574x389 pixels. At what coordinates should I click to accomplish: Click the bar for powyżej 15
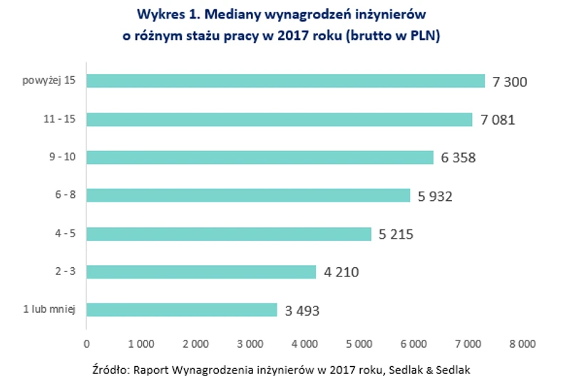click(285, 81)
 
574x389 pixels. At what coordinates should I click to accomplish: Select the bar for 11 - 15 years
click(279, 119)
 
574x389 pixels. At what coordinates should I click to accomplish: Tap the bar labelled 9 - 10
click(260, 157)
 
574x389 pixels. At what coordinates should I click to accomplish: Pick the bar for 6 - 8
click(248, 195)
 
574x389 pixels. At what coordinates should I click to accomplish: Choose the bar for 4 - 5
click(229, 234)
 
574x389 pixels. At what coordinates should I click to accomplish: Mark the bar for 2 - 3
click(201, 271)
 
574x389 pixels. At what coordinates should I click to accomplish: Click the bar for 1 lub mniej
click(182, 310)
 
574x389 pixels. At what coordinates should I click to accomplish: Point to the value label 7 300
click(510, 82)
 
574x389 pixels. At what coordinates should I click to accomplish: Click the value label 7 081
click(498, 120)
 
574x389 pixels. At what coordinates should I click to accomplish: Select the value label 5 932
click(436, 196)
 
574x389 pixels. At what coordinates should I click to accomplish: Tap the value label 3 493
click(302, 311)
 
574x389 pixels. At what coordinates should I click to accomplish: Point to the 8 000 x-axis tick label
click(522, 344)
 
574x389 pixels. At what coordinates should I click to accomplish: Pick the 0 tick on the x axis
click(86, 344)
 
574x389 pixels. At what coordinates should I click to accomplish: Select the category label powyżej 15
click(49, 81)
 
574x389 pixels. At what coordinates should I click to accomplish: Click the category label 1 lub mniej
click(48, 310)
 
